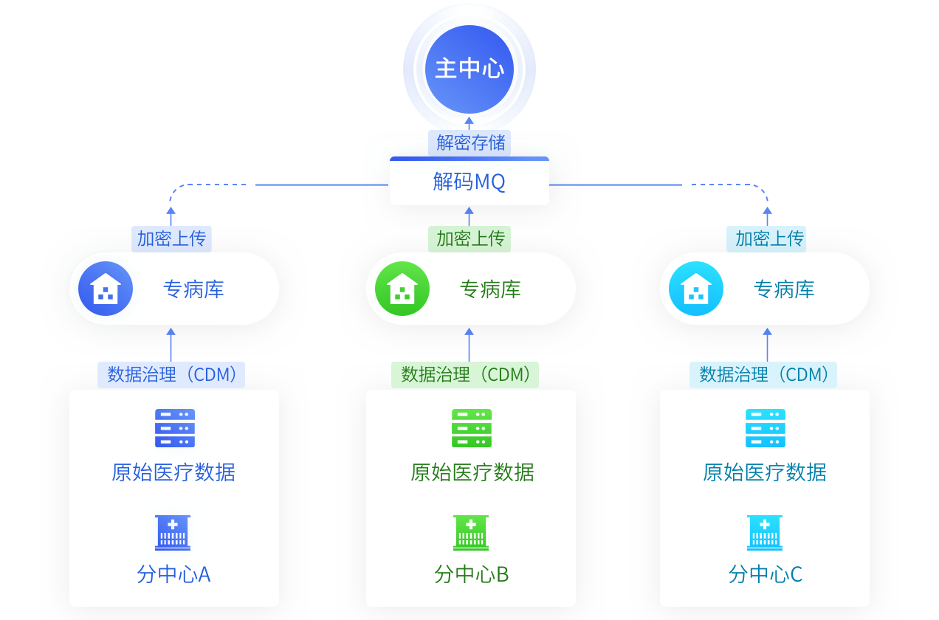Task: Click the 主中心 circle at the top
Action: (469, 69)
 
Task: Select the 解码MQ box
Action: (469, 182)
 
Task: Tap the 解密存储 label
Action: (469, 142)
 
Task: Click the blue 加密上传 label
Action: (171, 238)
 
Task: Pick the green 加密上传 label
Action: (469, 238)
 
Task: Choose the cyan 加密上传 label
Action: (768, 238)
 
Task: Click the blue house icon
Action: (105, 289)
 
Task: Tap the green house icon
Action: (402, 289)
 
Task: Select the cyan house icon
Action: (695, 289)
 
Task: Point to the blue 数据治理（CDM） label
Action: (171, 374)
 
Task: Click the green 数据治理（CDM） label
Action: (465, 374)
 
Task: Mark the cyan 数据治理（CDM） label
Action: (763, 374)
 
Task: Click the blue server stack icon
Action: (175, 428)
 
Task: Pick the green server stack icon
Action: (472, 428)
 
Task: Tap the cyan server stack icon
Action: (766, 428)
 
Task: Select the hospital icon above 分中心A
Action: (173, 532)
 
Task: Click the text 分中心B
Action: (472, 574)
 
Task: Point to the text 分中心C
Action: (766, 574)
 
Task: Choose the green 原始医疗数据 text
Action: (472, 472)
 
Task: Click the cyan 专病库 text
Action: (784, 289)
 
